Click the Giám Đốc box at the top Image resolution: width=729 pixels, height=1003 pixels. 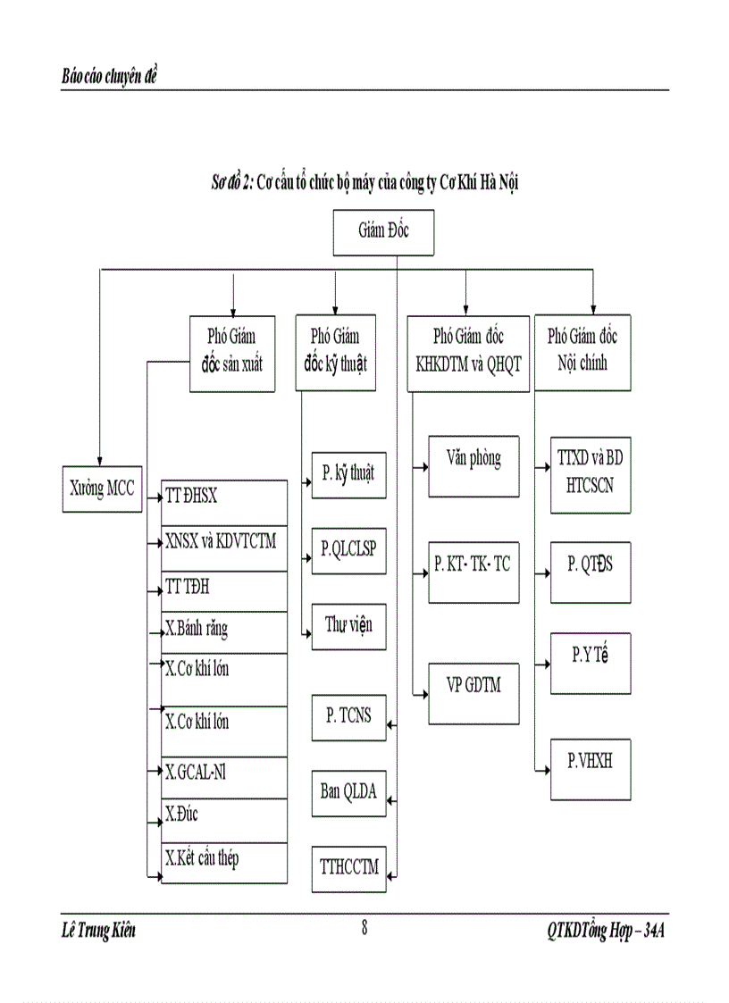[x=383, y=232]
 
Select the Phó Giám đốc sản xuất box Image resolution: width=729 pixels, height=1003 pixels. [x=231, y=352]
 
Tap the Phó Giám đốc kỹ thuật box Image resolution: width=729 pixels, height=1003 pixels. [x=334, y=352]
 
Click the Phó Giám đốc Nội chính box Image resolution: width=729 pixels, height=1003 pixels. [x=582, y=352]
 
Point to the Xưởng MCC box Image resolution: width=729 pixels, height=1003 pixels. [x=102, y=489]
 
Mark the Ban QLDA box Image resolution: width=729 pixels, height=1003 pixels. [x=348, y=792]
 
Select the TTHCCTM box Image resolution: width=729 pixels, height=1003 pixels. [x=348, y=867]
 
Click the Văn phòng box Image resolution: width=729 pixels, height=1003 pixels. [x=473, y=465]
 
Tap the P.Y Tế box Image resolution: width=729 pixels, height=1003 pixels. [x=591, y=661]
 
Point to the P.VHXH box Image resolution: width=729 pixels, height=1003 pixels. [x=591, y=768]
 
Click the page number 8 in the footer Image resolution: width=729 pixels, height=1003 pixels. [x=364, y=927]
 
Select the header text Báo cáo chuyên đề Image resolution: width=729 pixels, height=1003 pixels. [x=109, y=77]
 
